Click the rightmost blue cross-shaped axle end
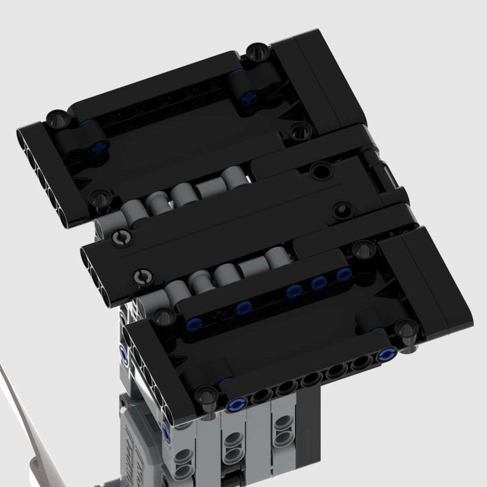click(248, 97)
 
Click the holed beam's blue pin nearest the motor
click(237, 403)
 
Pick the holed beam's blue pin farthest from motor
click(385, 355)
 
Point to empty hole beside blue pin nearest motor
click(259, 396)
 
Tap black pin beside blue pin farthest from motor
click(407, 332)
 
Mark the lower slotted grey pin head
click(144, 278)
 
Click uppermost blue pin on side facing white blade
click(124, 354)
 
